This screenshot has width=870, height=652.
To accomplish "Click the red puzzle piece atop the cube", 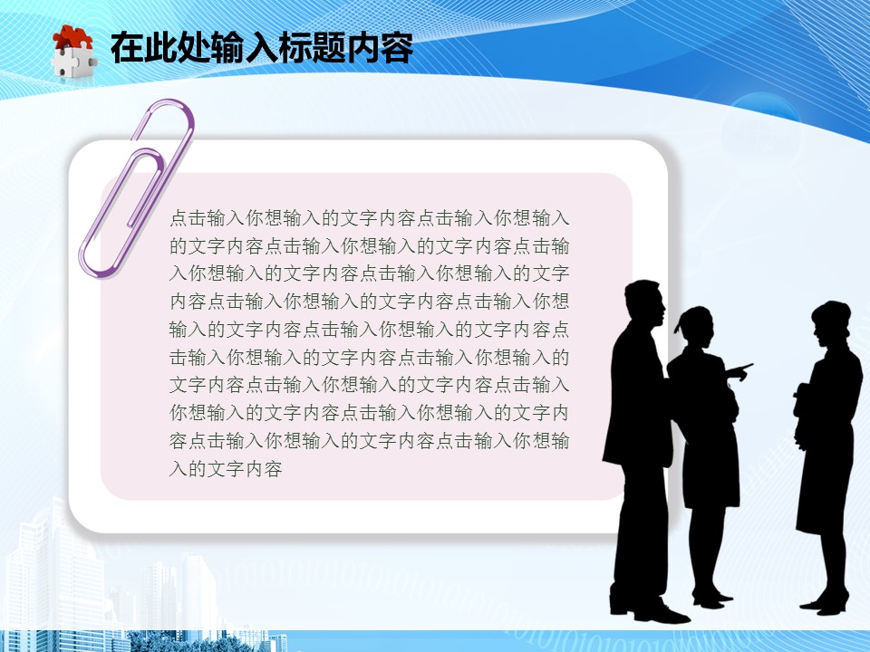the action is (72, 38).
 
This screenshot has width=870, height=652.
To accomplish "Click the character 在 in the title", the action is (126, 48).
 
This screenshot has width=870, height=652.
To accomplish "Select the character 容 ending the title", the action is (397, 48).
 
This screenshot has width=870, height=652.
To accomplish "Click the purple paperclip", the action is (137, 188).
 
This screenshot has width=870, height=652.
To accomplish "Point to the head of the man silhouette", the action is (644, 302).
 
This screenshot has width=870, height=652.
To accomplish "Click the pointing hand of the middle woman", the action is (739, 370).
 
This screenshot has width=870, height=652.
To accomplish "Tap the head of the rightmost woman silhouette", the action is (831, 321).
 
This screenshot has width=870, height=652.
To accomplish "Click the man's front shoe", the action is (661, 614).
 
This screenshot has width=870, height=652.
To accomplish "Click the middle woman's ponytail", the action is (680, 324).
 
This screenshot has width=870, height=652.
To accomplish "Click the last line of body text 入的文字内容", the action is (226, 469).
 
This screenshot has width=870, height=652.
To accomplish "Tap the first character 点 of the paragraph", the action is (179, 218).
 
